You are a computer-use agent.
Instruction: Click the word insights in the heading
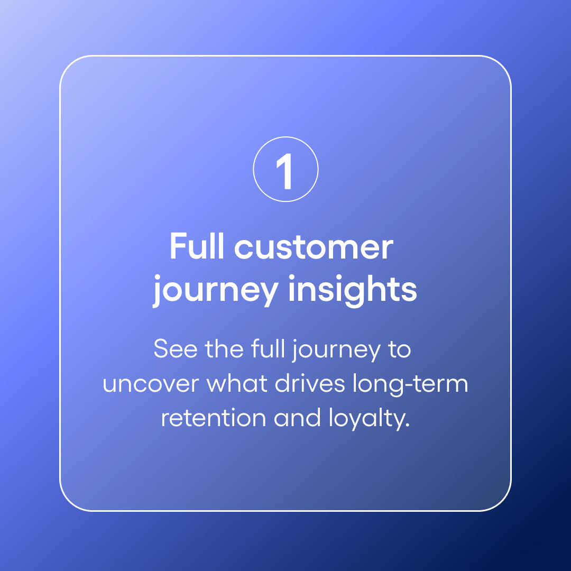tap(352, 289)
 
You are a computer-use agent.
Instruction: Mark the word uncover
tap(151, 384)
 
